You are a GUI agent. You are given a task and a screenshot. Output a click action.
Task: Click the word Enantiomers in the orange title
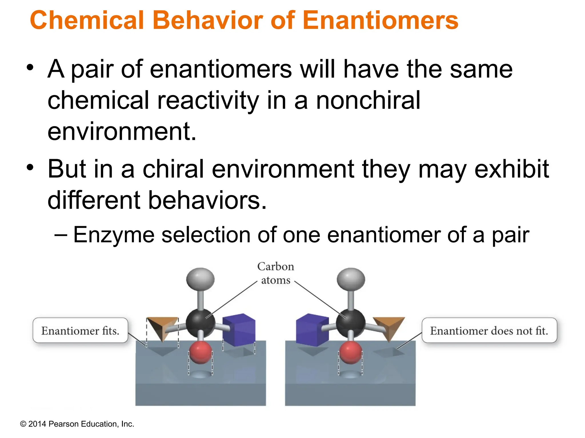coord(380,21)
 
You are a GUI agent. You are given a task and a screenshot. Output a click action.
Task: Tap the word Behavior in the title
coord(207,21)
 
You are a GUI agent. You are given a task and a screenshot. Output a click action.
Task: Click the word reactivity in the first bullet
coord(208,100)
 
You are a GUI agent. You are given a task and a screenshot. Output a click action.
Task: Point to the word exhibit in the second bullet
coord(511,169)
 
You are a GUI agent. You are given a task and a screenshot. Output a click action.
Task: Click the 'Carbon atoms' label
coord(275,273)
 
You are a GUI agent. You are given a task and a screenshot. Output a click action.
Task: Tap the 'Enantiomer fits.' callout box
coord(80,330)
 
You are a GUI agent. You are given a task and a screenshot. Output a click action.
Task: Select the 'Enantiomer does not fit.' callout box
coord(489,330)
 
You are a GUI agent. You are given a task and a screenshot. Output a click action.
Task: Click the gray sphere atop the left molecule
coord(200,279)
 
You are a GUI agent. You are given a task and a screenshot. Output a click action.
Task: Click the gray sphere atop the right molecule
coord(351,279)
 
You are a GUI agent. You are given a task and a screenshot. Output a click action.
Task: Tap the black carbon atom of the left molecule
coord(201,323)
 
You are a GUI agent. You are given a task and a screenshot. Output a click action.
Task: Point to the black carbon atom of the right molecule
coord(351,323)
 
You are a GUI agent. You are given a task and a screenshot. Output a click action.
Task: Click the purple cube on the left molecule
coord(239,329)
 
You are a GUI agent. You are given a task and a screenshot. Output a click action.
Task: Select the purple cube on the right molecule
coord(312,329)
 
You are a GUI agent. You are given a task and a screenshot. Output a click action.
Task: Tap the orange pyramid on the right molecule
coord(389,327)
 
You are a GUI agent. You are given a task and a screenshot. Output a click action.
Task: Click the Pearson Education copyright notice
coord(77,424)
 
